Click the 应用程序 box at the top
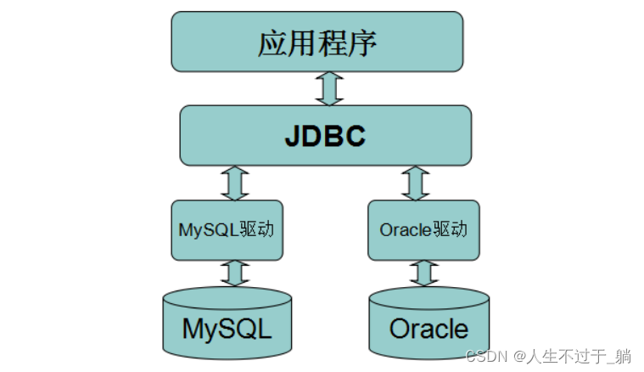[x=317, y=42]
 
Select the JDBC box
[x=325, y=135]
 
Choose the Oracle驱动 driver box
[x=423, y=230]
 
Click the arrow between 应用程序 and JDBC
[x=329, y=88]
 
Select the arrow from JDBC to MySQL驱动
[x=234, y=183]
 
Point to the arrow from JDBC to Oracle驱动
[x=416, y=183]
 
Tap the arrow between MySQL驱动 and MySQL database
[x=234, y=273]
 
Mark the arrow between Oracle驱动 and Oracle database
[x=424, y=273]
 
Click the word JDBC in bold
[x=325, y=136]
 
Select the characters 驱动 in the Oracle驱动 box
[x=451, y=230]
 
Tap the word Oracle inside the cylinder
[x=428, y=329]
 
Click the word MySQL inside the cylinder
[x=227, y=329]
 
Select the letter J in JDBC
[x=293, y=136]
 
